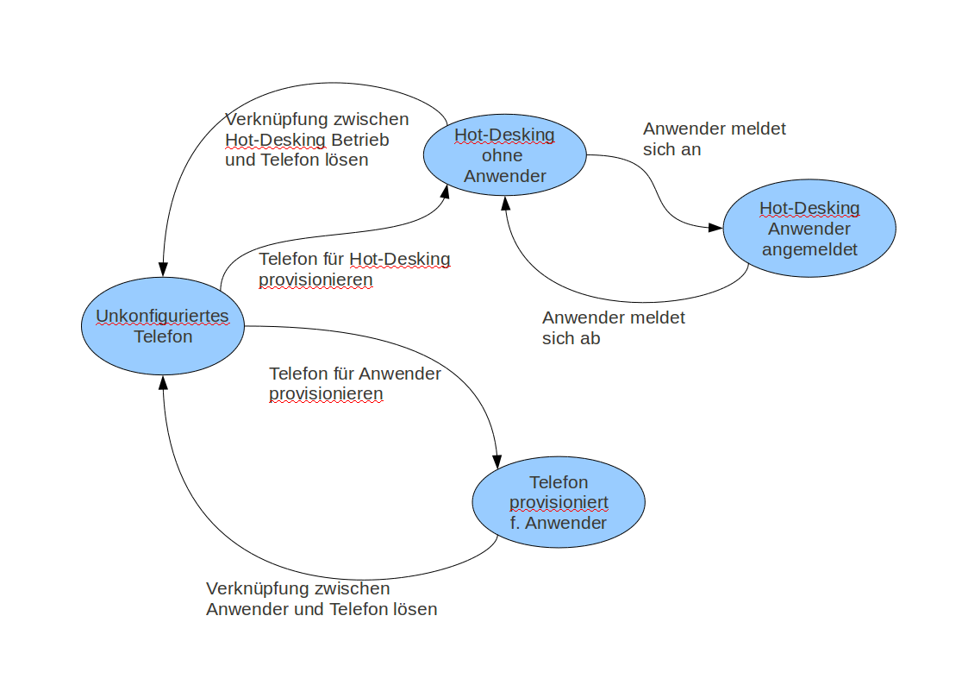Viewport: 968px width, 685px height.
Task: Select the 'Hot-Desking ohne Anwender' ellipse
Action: [x=505, y=155]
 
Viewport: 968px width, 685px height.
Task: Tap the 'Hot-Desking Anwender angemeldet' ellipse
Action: [x=809, y=229]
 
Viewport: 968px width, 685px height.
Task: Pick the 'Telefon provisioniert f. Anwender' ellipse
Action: [x=559, y=502]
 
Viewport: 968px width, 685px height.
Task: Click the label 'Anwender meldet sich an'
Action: [x=714, y=139]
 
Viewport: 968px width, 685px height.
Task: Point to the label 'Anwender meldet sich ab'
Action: [x=613, y=328]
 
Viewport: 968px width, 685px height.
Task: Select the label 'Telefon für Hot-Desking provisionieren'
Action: [x=354, y=269]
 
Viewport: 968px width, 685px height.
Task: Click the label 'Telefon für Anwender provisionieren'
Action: [x=354, y=384]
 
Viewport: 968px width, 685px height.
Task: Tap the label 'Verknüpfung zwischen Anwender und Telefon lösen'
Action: [x=322, y=599]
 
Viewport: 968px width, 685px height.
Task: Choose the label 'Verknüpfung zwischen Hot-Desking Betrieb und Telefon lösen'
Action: [x=315, y=140]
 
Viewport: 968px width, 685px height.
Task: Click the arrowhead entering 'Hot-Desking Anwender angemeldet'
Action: [x=715, y=228]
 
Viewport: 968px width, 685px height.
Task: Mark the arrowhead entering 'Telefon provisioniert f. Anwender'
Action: [x=497, y=460]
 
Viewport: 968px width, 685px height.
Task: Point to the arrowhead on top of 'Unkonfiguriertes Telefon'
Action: [x=162, y=270]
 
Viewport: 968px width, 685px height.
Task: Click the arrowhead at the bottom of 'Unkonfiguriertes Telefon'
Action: [x=162, y=381]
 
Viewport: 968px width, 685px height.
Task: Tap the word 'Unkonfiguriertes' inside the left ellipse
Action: [x=162, y=316]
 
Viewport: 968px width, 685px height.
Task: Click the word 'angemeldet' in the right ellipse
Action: [x=809, y=249]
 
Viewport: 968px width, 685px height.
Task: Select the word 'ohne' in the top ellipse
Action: [x=504, y=156]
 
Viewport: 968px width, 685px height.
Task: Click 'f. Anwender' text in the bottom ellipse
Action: [x=559, y=523]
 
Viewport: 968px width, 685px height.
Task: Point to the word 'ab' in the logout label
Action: [x=590, y=338]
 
